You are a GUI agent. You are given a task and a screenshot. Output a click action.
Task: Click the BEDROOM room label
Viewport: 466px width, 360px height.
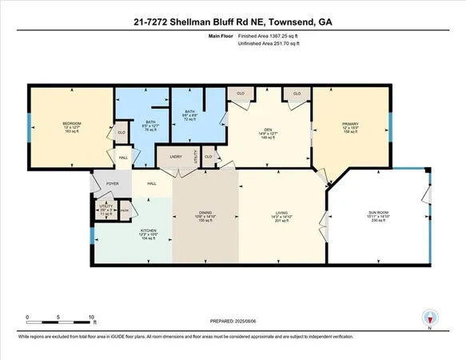pos(72,124)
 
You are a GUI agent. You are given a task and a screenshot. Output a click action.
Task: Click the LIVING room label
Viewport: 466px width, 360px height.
pos(281,212)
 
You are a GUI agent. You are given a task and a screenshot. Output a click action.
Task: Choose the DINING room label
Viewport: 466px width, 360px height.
pos(205,212)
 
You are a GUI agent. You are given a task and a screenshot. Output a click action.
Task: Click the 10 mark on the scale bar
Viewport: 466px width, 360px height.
pos(92,318)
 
